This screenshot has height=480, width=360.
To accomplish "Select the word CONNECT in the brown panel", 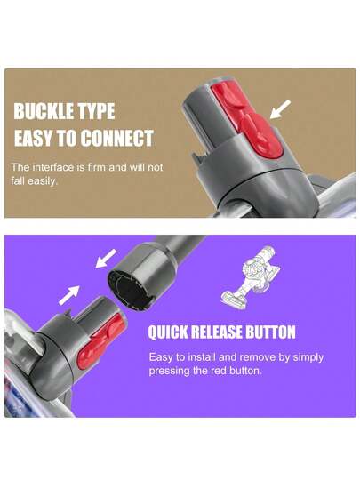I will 117,139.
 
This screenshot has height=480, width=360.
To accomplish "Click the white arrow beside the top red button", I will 280,109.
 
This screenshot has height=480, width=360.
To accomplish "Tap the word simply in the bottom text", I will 308,357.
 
